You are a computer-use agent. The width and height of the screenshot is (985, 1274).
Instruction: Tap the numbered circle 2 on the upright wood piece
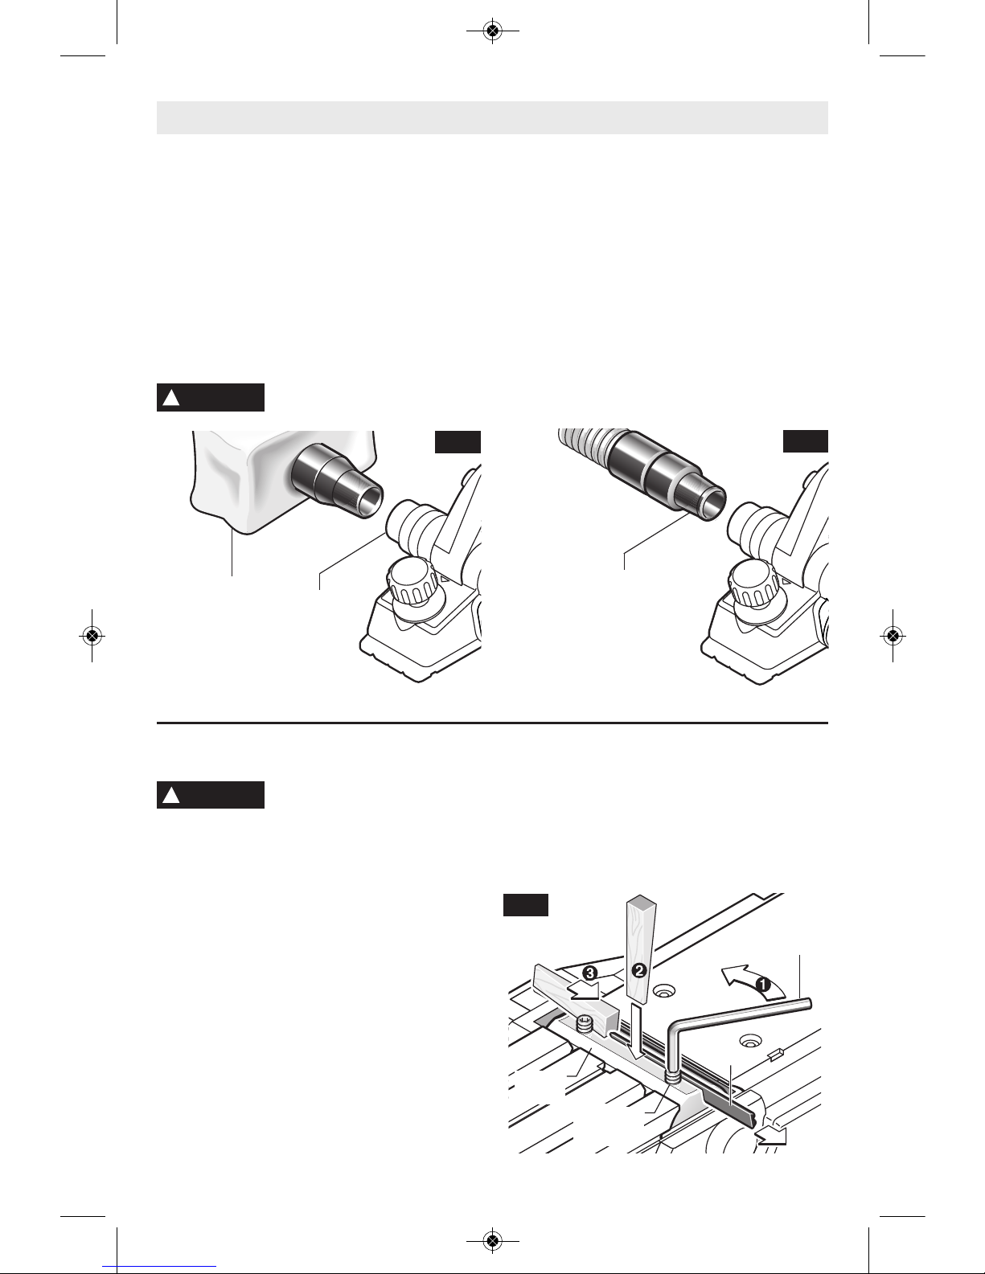[639, 969]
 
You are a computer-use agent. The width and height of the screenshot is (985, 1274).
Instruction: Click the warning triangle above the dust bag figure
[170, 398]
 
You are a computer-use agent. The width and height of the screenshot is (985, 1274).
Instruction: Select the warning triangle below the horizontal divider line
[170, 795]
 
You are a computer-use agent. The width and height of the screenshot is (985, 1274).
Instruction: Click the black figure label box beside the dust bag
[458, 442]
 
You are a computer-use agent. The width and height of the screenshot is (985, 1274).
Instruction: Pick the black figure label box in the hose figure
[805, 441]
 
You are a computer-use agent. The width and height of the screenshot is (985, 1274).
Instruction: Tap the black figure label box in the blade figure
[526, 904]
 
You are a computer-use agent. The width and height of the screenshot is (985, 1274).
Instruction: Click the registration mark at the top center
[493, 31]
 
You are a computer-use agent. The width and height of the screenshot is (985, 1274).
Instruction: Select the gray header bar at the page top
[492, 117]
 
